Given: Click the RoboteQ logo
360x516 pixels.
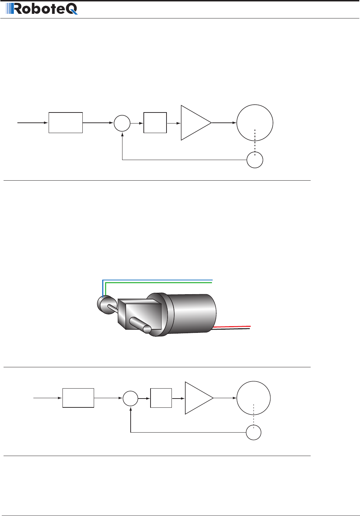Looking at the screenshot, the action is click(x=42, y=9).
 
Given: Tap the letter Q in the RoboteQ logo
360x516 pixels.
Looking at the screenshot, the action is click(x=70, y=9).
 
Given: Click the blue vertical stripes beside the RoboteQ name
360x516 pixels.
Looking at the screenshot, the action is click(x=9, y=9).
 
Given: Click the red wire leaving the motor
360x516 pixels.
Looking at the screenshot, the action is click(x=231, y=326).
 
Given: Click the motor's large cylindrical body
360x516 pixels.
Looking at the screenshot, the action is click(x=191, y=313).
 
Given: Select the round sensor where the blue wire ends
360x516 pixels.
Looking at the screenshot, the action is click(x=107, y=305).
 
